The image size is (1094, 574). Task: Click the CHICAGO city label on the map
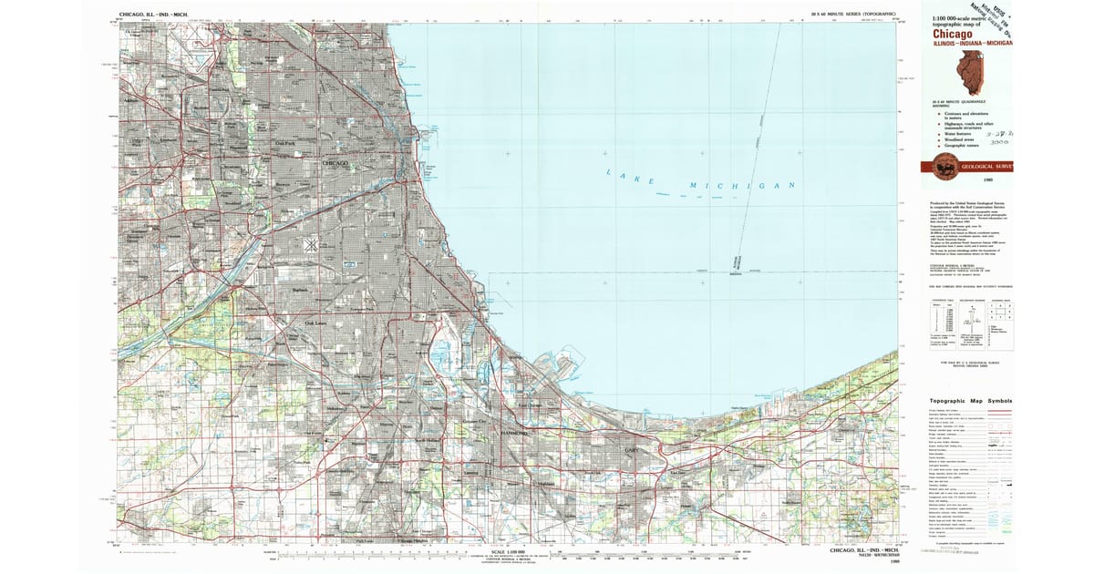[x=336, y=163]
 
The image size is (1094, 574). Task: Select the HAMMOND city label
[x=515, y=435]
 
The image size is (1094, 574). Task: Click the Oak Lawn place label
[x=315, y=323]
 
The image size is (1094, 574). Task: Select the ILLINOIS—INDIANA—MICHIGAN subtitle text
[x=972, y=43]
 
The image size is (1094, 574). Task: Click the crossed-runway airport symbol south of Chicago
[x=311, y=244]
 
